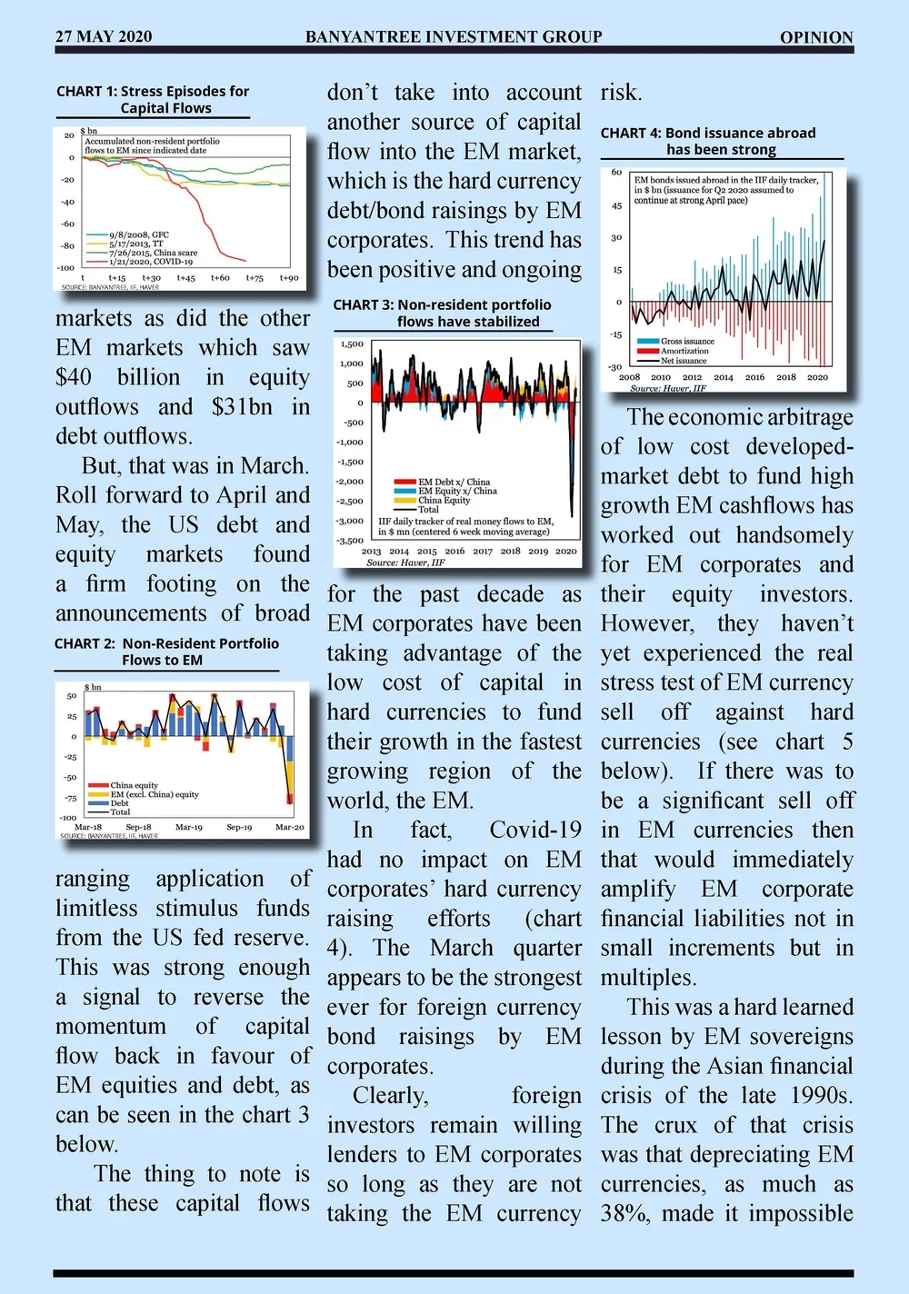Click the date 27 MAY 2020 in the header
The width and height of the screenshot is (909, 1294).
pyautogui.click(x=104, y=36)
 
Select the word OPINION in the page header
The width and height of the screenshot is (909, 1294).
pyautogui.click(x=816, y=37)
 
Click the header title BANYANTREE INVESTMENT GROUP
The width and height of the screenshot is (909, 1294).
pyautogui.click(x=454, y=36)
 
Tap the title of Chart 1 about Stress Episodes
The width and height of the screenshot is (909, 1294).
pyautogui.click(x=153, y=99)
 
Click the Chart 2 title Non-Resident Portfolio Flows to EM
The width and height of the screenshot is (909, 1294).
pyautogui.click(x=166, y=652)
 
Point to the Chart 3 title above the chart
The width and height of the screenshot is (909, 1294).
pyautogui.click(x=443, y=313)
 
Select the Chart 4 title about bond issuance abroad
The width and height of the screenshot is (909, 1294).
pyautogui.click(x=709, y=141)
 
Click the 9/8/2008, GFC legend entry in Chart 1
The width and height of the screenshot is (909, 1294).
pyautogui.click(x=138, y=234)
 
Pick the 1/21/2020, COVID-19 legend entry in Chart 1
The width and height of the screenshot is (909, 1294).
pyautogui.click(x=150, y=262)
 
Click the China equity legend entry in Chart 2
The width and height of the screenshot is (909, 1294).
pyautogui.click(x=134, y=785)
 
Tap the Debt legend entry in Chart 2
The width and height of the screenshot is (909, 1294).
pyautogui.click(x=119, y=803)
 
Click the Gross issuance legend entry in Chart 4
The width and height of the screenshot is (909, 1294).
pyautogui.click(x=686, y=341)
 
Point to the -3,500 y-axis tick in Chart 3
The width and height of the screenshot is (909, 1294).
pyautogui.click(x=350, y=541)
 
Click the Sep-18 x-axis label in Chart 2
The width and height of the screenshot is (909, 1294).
pyautogui.click(x=138, y=827)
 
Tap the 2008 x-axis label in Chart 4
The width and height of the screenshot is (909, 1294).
pyautogui.click(x=629, y=377)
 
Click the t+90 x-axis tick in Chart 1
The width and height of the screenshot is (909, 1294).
pyautogui.click(x=288, y=278)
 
